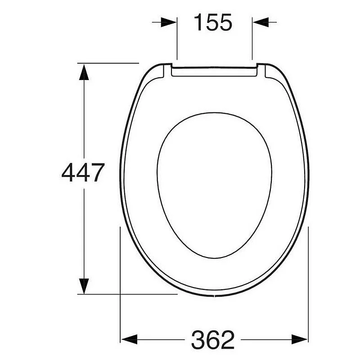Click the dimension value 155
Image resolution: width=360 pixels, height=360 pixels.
[x=213, y=22]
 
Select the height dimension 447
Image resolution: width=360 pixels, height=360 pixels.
[x=83, y=172]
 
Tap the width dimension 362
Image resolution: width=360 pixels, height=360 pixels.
[x=213, y=340]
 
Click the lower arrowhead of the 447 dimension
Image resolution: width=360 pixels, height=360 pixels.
[x=83, y=286]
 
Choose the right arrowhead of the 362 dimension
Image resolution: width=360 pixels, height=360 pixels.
[x=299, y=339]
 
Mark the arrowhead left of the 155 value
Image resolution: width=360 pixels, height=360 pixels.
[x=169, y=22]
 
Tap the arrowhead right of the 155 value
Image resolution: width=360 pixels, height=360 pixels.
[x=261, y=22]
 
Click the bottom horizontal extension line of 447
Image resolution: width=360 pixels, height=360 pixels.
[x=126, y=294]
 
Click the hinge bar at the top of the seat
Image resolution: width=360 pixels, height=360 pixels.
[x=215, y=72]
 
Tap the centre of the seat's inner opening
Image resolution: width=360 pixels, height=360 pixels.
[x=215, y=184]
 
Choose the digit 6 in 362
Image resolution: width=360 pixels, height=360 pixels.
[x=213, y=340]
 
